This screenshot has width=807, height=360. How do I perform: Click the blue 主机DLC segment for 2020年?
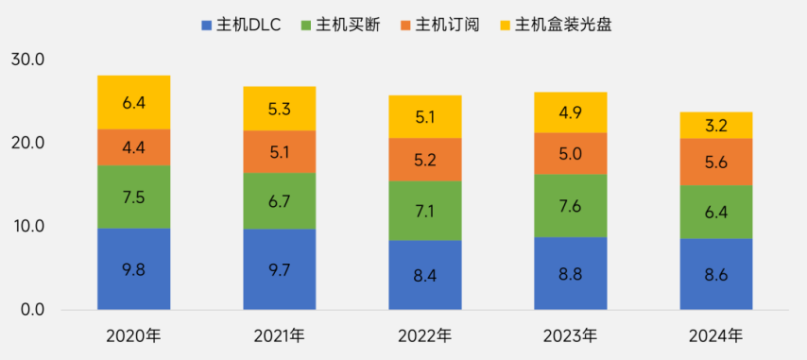click(134, 268)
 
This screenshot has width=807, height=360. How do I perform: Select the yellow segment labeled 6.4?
click(134, 102)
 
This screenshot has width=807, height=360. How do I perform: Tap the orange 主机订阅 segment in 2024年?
click(716, 162)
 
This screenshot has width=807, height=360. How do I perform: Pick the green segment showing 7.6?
click(571, 205)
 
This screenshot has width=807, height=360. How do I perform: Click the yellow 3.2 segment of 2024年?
click(716, 125)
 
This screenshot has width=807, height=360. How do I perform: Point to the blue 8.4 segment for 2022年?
click(425, 275)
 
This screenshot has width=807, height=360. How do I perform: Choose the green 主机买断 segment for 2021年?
click(280, 200)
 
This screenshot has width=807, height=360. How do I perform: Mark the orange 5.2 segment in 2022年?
click(425, 160)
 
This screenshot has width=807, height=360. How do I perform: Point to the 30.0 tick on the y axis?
click(28, 60)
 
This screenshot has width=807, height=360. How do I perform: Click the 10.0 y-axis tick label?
click(28, 227)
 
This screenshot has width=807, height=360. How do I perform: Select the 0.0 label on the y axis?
click(32, 310)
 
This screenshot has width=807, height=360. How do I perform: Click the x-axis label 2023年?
click(571, 335)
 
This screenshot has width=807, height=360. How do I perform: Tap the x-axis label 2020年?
click(134, 335)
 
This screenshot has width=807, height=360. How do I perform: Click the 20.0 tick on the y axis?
click(28, 144)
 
